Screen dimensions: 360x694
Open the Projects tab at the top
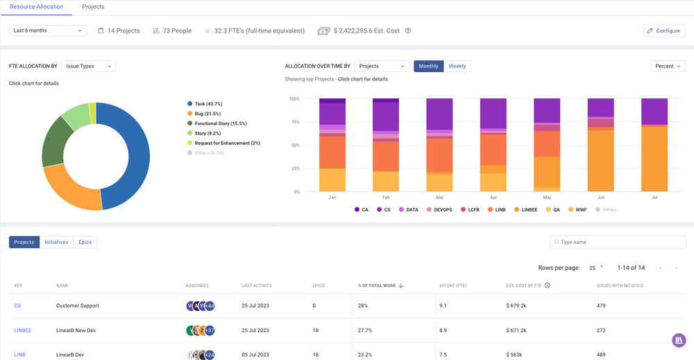[93, 7]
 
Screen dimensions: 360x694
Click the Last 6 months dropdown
[47, 31]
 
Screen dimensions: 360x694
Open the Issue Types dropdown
[88, 66]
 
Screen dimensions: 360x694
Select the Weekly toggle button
[457, 66]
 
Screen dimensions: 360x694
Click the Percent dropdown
[668, 66]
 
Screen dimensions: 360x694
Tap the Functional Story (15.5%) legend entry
[220, 123]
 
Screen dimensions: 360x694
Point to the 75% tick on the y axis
[294, 122]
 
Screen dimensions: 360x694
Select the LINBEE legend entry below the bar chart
[525, 209]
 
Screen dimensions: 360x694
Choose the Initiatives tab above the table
[56, 242]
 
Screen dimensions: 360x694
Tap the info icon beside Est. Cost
[408, 31]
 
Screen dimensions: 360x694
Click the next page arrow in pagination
[676, 268]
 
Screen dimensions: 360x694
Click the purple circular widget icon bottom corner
[679, 341]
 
